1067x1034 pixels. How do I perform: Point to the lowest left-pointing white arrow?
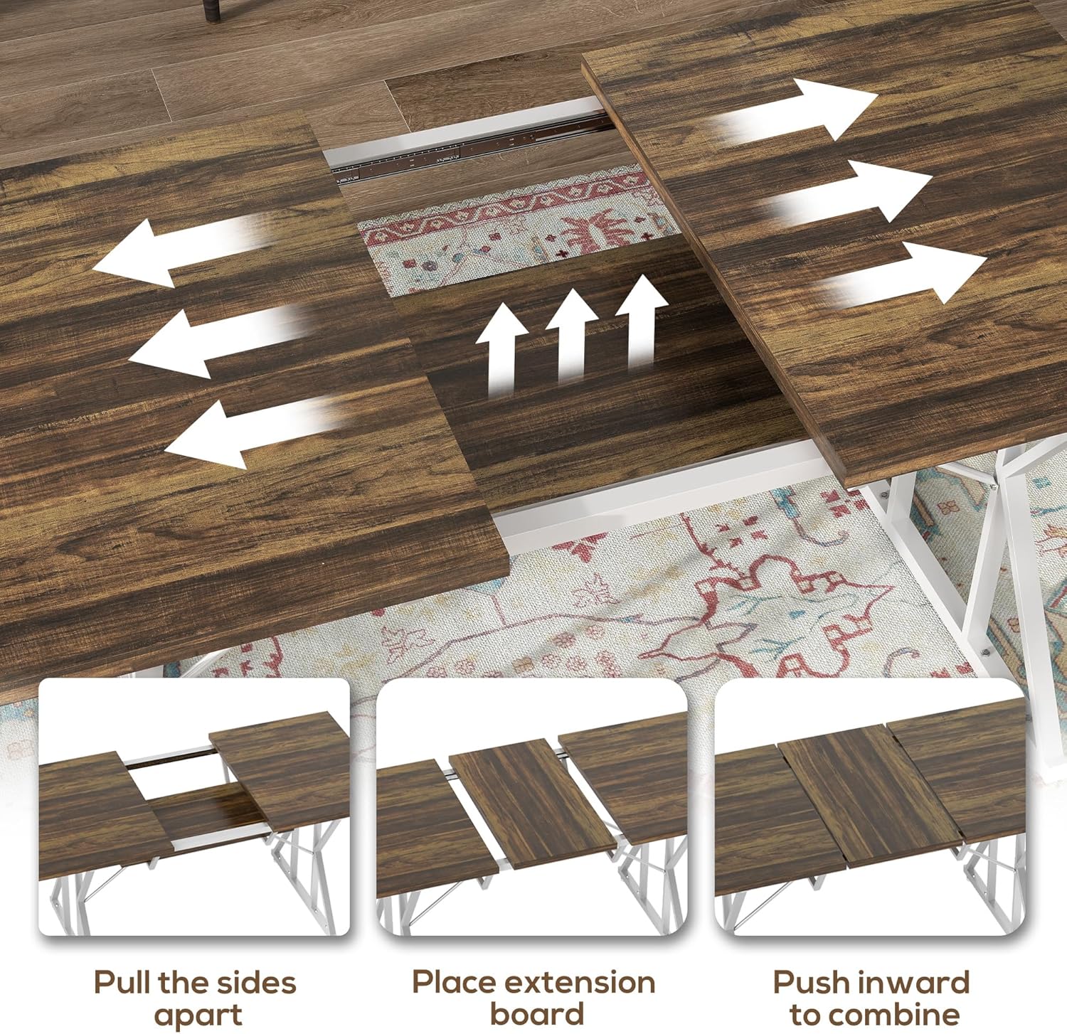pos(253,430)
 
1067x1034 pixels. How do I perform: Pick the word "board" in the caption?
pos(537,1013)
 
